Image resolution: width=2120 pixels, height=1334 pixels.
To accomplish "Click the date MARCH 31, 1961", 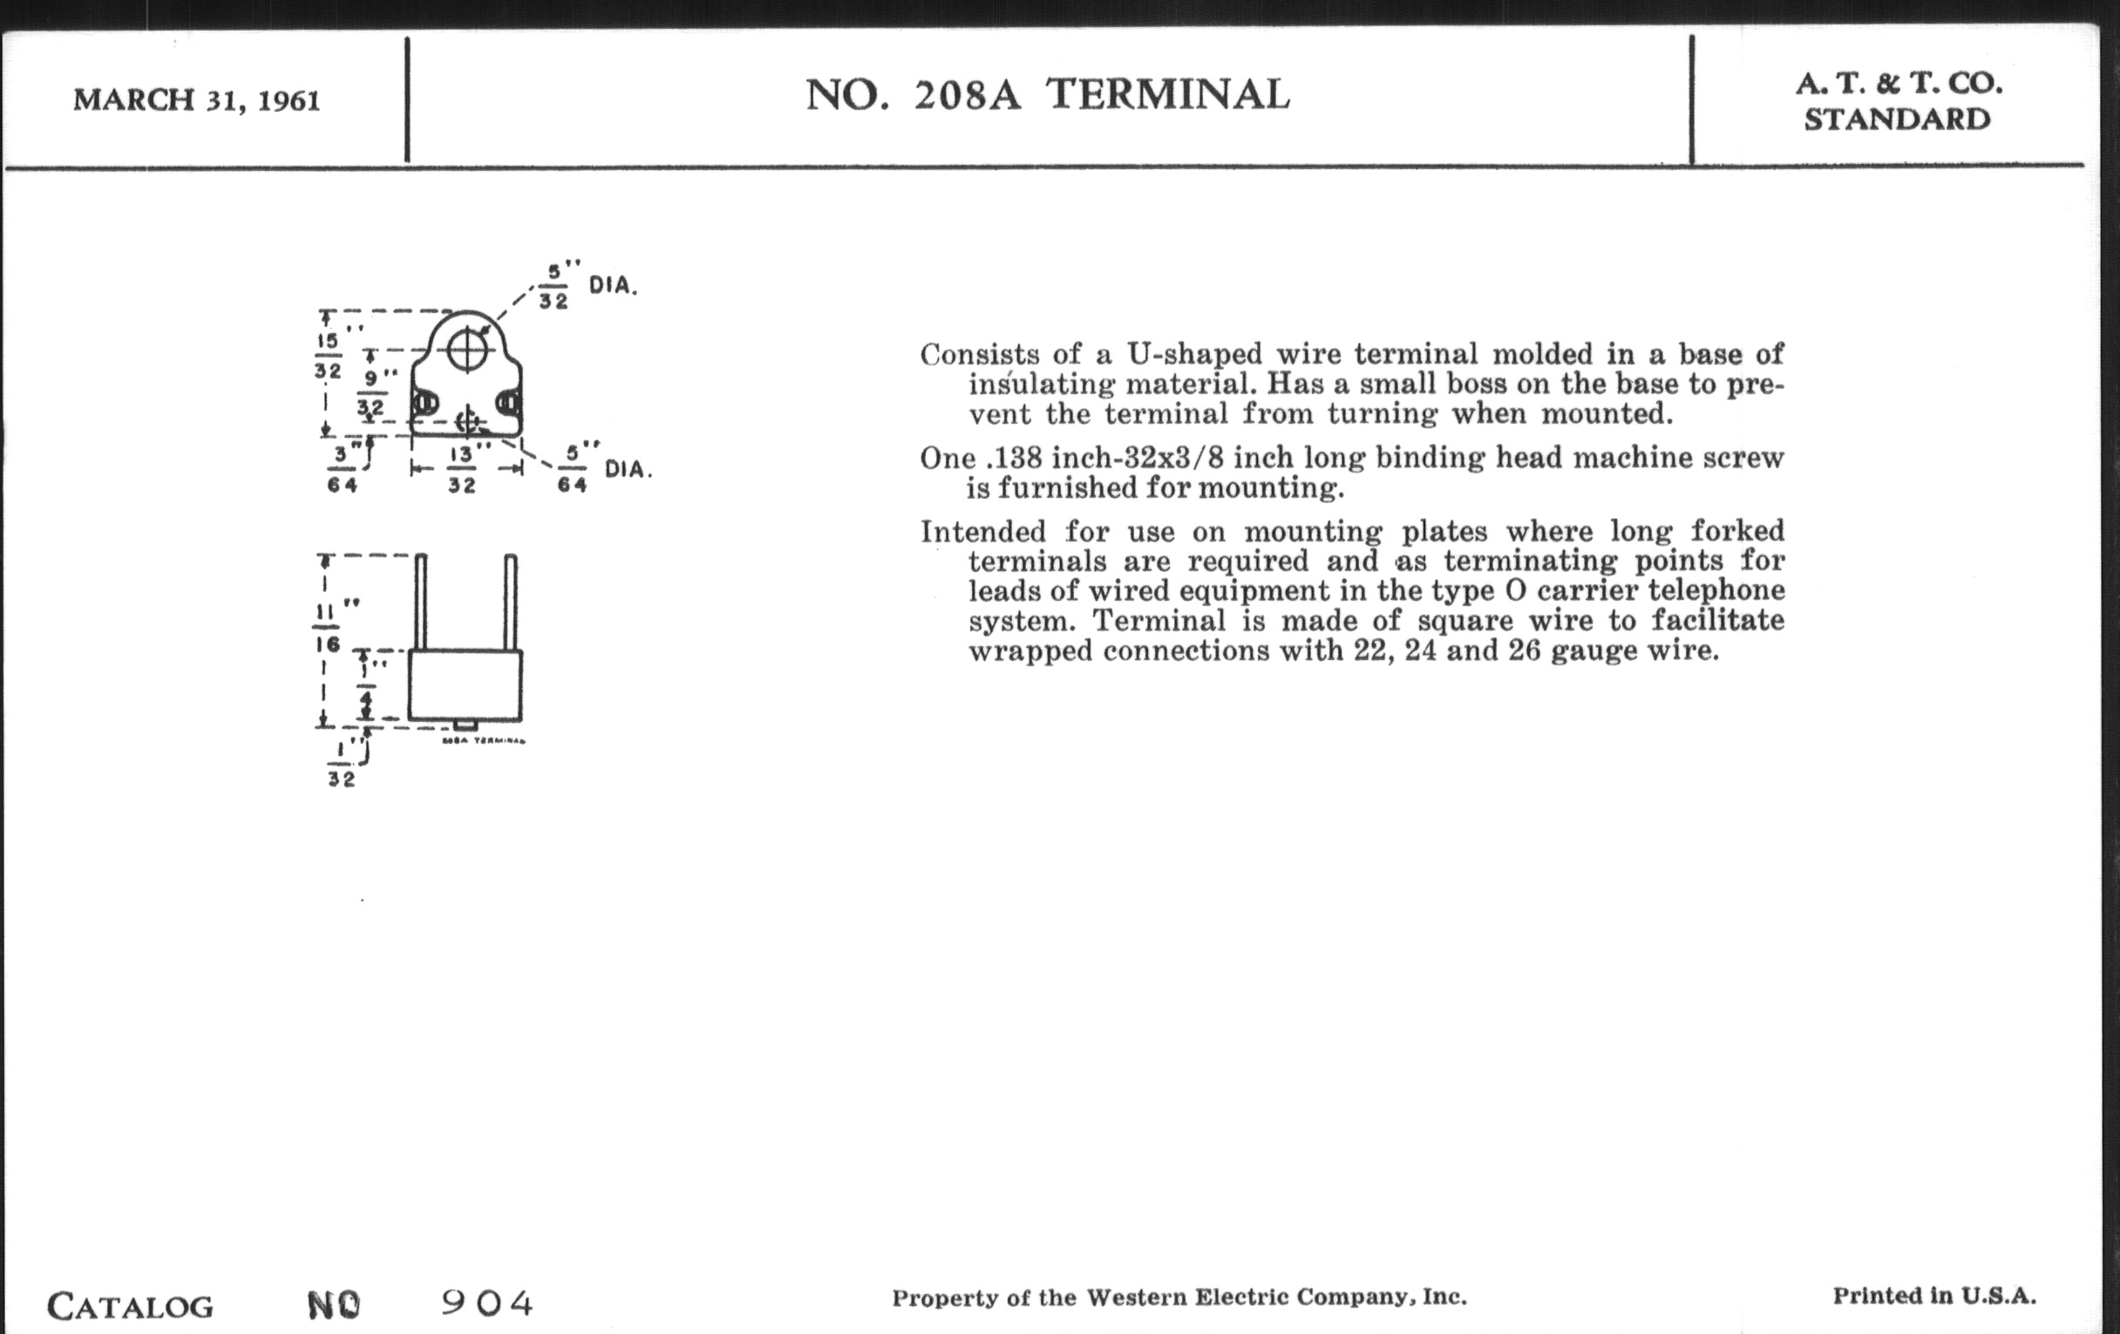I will click(x=196, y=100).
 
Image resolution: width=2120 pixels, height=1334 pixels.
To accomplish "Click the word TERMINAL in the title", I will click(x=1167, y=95).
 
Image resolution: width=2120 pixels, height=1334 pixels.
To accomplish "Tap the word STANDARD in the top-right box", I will click(x=1896, y=119).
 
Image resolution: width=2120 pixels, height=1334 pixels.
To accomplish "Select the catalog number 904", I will click(x=487, y=1303).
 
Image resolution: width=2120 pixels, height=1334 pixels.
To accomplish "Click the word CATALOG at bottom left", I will click(x=130, y=1306).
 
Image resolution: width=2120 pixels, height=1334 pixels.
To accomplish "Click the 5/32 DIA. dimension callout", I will click(x=586, y=284).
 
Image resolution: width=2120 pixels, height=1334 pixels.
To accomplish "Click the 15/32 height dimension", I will click(x=328, y=356).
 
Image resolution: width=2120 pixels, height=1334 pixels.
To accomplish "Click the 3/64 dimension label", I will click(x=342, y=469).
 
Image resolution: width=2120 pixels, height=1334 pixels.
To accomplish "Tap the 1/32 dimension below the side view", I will click(x=342, y=765).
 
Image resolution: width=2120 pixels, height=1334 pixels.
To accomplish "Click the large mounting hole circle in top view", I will click(x=466, y=351).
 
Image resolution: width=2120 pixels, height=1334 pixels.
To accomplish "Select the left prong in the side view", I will click(x=421, y=602).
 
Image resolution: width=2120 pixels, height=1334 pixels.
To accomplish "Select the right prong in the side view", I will click(x=511, y=602).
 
